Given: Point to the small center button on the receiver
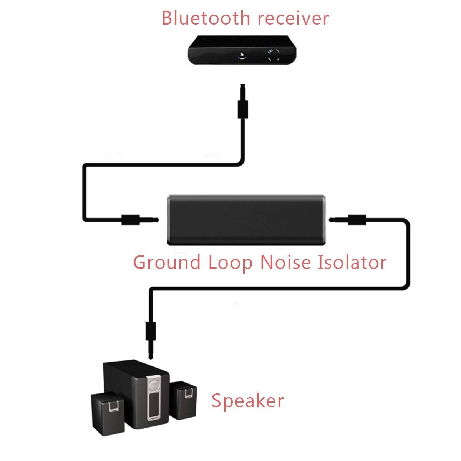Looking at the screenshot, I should click(x=242, y=55).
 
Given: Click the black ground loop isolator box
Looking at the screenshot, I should click(x=247, y=220).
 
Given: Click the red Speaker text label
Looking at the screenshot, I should click(x=247, y=401).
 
